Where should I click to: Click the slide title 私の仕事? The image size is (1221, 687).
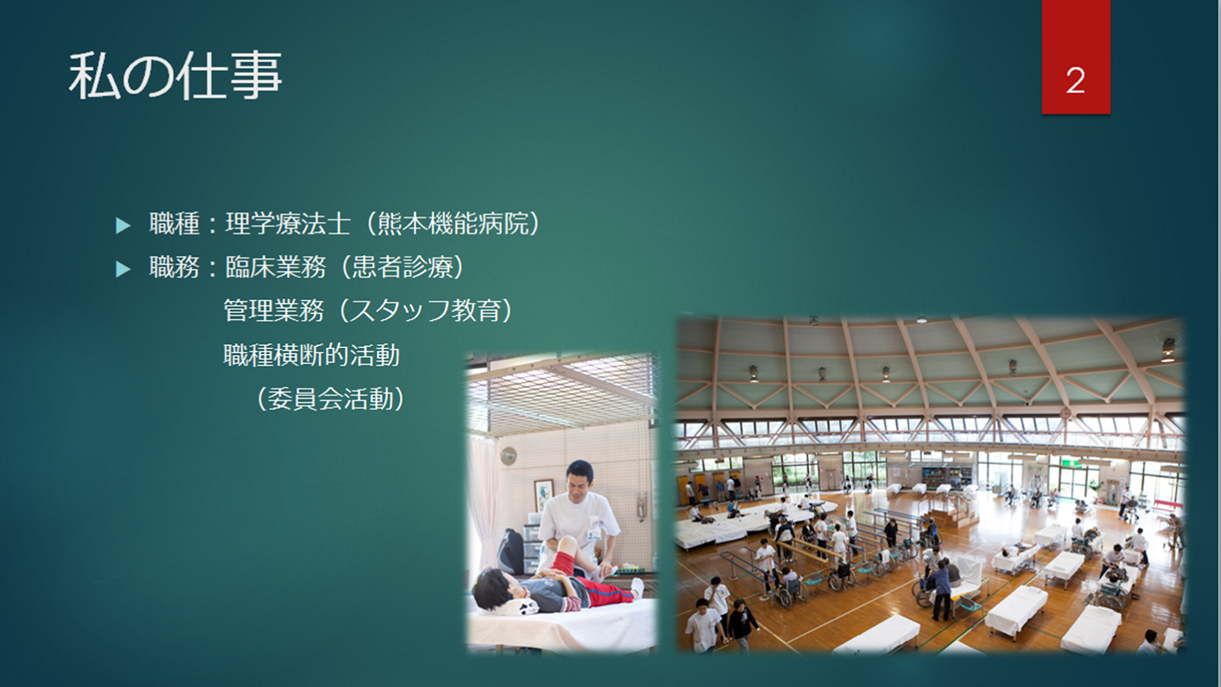pos(175,76)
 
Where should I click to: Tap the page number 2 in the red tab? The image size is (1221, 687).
pos(1075,81)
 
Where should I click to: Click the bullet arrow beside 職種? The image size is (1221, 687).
pos(123,225)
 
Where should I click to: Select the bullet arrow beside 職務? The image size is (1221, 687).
pos(123,269)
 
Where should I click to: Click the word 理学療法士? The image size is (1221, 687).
pos(288,224)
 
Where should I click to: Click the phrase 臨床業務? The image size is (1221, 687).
pos(275,267)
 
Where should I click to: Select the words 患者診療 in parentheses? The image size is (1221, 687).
pos(403,267)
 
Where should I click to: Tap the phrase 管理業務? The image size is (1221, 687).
pos(274,311)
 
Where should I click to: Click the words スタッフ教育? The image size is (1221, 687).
pos(425,311)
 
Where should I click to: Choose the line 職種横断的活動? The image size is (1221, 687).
pos(311,356)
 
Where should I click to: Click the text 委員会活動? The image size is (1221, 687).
pos(330,399)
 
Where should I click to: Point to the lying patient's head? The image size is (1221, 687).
pos(493,588)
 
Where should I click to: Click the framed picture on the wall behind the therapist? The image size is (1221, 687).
pos(543,495)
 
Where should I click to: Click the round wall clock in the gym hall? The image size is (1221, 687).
pos(1065,413)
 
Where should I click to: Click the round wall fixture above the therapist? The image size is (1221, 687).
pos(508,456)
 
